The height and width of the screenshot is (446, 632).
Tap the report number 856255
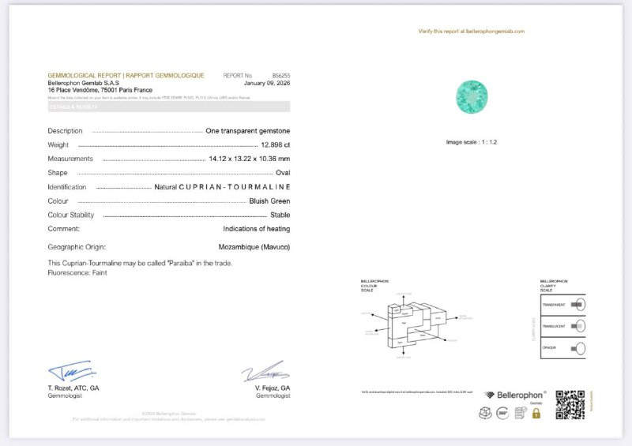[x=280, y=75]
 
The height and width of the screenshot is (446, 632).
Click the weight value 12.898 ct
[x=276, y=145]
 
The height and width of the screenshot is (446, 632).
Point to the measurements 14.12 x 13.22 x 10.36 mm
[x=249, y=159]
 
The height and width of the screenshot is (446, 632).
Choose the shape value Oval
[x=283, y=173]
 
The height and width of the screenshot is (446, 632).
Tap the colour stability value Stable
[x=280, y=215]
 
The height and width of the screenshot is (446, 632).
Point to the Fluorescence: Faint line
[x=77, y=272]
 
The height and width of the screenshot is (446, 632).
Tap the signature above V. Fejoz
[x=265, y=371]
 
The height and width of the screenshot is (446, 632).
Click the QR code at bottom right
[x=570, y=404]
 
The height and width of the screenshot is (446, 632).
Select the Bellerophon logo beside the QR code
[x=515, y=395]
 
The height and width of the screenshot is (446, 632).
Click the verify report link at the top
[x=471, y=32]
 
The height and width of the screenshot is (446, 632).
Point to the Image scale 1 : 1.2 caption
[x=472, y=142]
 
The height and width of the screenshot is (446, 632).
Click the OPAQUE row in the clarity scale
[x=562, y=348]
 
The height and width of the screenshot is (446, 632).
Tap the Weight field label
[x=58, y=145]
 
